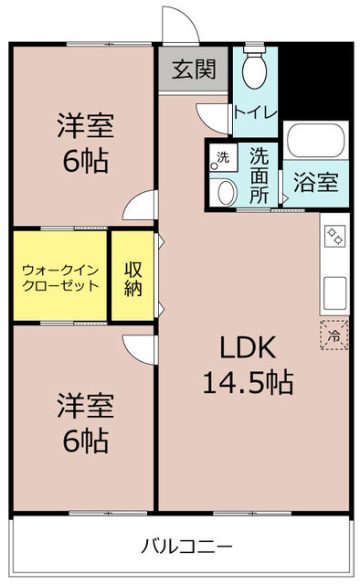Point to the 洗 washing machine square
[220, 157]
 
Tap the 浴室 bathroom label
[315, 181]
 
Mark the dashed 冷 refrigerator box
[334, 336]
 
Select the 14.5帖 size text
[248, 382]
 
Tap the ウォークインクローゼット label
[60, 277]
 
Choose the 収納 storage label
[133, 277]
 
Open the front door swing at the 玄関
[176, 23]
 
